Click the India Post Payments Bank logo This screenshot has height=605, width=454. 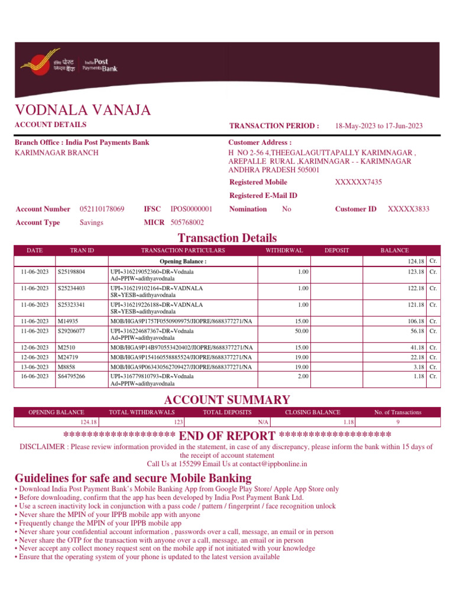click(x=69, y=64)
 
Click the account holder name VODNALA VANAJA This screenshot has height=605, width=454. click(x=83, y=110)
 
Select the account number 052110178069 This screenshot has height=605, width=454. click(x=102, y=209)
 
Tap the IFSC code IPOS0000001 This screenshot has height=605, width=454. click(x=192, y=209)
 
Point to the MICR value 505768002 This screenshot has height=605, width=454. click(x=187, y=223)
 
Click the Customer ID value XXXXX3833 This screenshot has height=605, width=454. click(x=408, y=209)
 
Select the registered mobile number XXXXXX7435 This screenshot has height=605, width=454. click(x=358, y=182)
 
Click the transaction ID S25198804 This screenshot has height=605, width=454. click(x=71, y=272)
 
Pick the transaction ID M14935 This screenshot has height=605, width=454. click(x=69, y=321)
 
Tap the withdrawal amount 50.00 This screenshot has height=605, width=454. click(x=303, y=331)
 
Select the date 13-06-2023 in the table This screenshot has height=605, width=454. click(x=34, y=367)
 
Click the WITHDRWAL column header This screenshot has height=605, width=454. click(x=284, y=251)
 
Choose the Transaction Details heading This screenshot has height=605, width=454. click(x=227, y=238)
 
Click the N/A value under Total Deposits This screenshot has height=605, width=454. click(x=264, y=422)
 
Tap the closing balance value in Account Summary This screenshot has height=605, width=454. click(x=348, y=422)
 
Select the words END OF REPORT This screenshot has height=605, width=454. click(x=227, y=436)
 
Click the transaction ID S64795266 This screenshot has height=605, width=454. click(x=71, y=376)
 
